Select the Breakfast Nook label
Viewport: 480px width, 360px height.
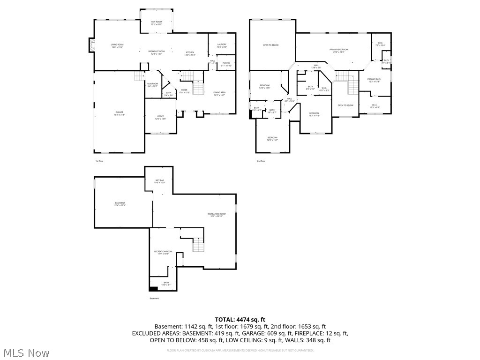(x=156, y=52)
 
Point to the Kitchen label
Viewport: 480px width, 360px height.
(x=190, y=53)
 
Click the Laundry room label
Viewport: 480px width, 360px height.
(x=222, y=45)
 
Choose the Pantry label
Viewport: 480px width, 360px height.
(x=226, y=64)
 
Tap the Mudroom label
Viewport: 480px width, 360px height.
(x=152, y=85)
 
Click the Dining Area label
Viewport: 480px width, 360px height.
(x=219, y=93)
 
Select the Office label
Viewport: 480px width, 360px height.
(x=160, y=117)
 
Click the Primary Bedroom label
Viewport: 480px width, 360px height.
(x=338, y=50)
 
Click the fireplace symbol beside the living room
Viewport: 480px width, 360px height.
(x=91, y=45)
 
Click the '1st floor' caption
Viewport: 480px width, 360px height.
(x=99, y=161)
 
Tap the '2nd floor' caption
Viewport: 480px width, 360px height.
(x=261, y=161)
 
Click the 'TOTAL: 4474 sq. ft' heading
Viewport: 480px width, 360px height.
(x=240, y=320)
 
